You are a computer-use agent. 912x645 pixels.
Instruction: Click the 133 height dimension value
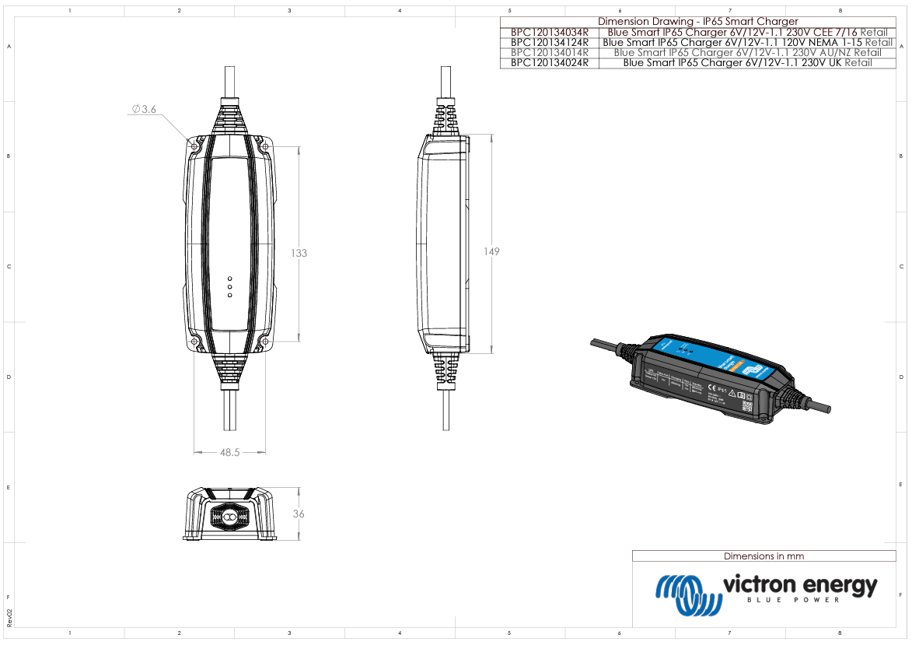click(x=299, y=253)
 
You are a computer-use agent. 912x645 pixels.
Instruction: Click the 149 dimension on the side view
click(x=491, y=251)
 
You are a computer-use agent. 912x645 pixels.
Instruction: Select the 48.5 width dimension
click(x=230, y=451)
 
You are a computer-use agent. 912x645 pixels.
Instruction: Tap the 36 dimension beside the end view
click(x=299, y=514)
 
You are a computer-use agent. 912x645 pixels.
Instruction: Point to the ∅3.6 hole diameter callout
click(x=144, y=110)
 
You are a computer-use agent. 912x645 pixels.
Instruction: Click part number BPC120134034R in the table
click(x=550, y=33)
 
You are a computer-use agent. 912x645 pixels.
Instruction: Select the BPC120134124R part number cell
click(x=550, y=43)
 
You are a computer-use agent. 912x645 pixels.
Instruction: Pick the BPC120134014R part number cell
click(x=550, y=53)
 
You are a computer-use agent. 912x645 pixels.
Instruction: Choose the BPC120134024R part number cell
click(x=550, y=63)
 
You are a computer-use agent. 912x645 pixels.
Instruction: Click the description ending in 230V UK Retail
click(x=747, y=63)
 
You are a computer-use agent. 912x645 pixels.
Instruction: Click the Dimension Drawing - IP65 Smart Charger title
click(x=697, y=22)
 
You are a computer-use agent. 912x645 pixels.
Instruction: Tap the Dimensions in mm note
click(x=763, y=556)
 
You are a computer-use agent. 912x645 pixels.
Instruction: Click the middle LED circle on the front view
click(x=229, y=286)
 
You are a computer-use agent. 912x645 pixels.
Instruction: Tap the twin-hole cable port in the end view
click(x=229, y=517)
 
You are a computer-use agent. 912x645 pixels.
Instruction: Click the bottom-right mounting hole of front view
click(x=264, y=342)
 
